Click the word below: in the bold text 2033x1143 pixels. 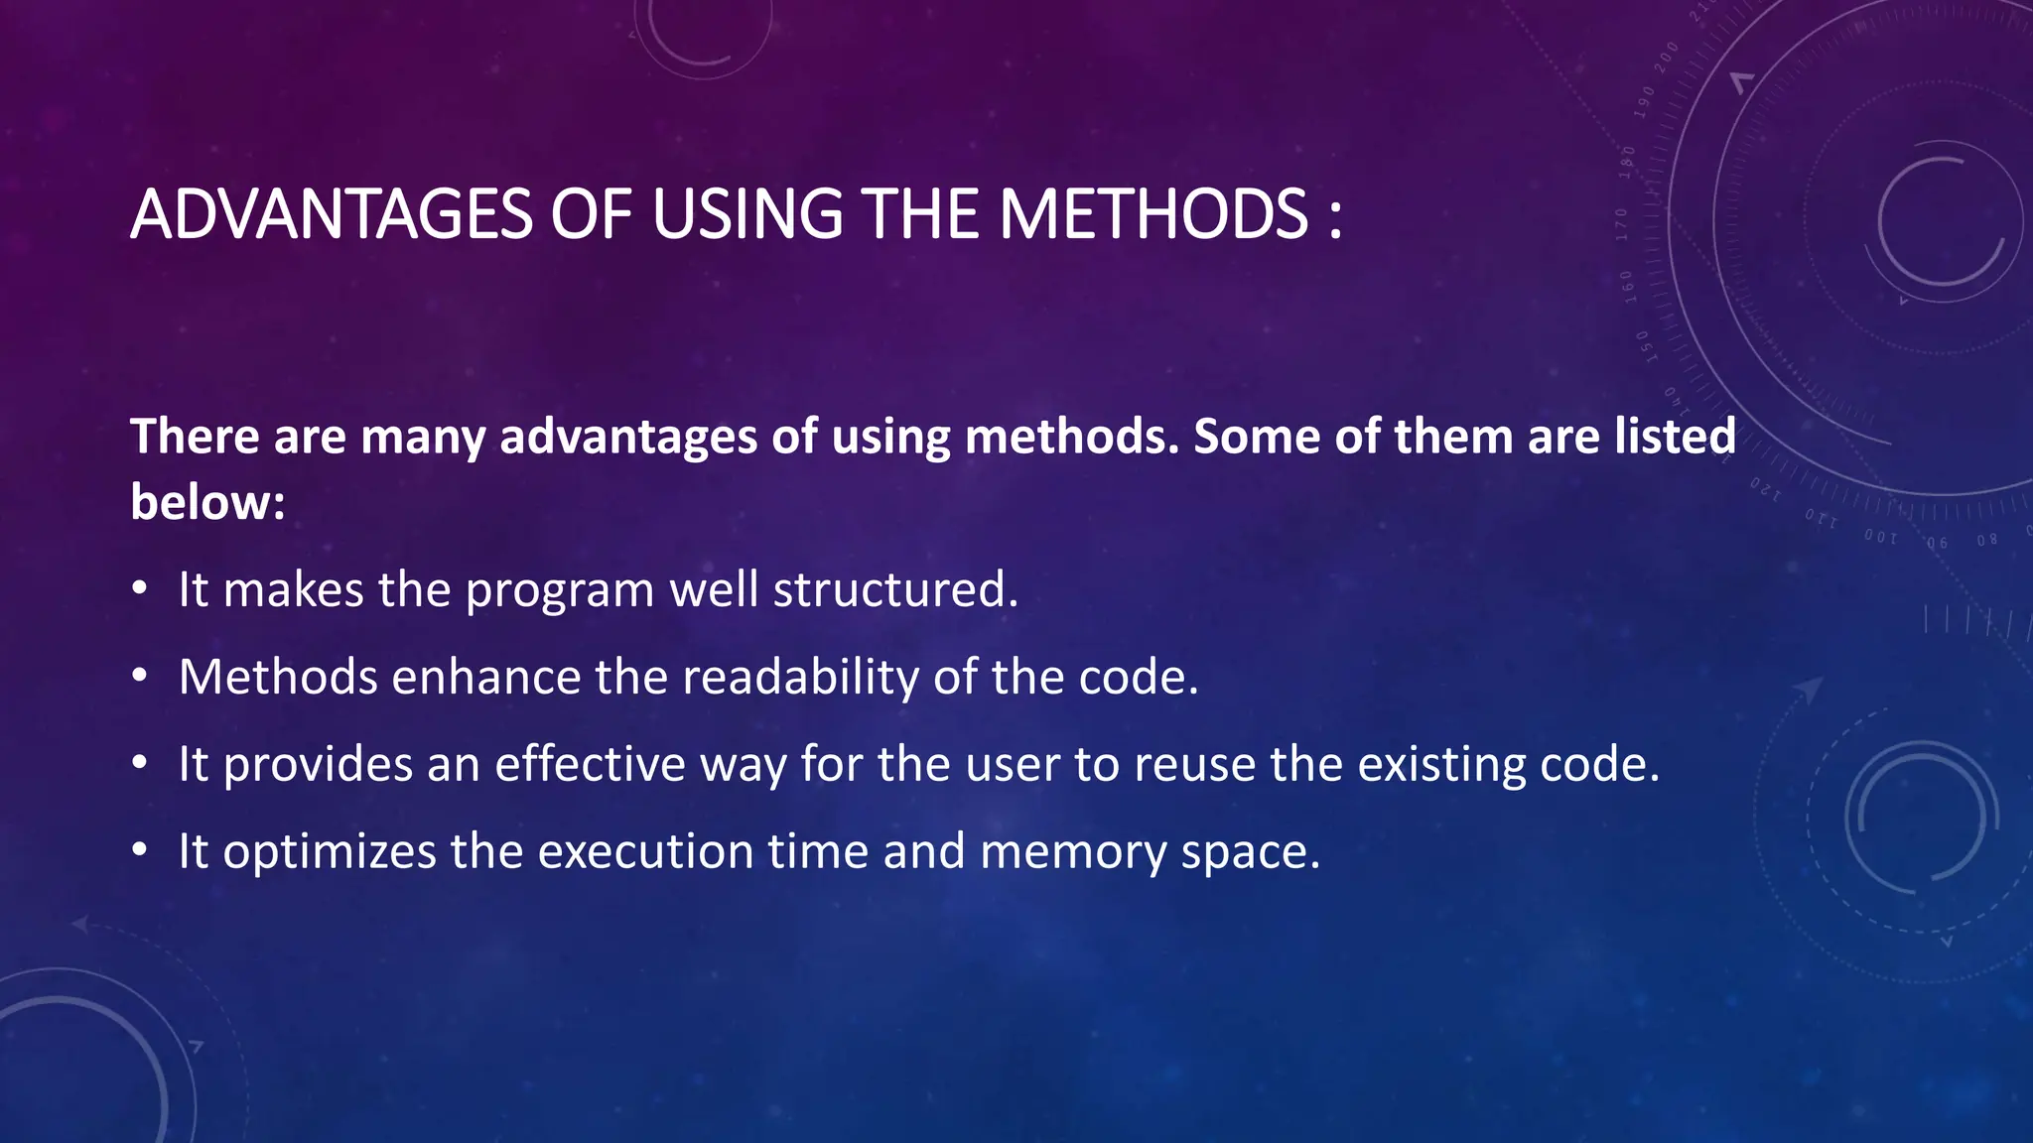(x=207, y=502)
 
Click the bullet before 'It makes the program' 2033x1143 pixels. (x=140, y=589)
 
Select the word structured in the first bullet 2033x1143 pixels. (x=894, y=589)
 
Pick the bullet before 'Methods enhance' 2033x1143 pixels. (x=140, y=677)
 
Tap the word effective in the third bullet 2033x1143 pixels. (x=590, y=764)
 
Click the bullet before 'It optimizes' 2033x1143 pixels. (x=140, y=851)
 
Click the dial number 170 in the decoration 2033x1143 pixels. (x=1621, y=225)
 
